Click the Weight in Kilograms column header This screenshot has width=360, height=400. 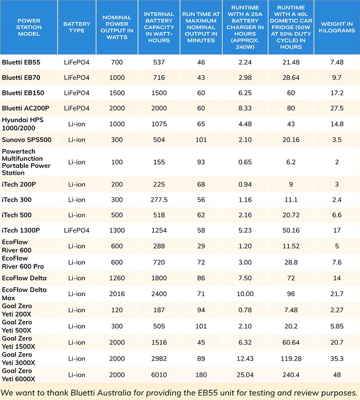337,27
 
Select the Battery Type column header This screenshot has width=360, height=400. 76,27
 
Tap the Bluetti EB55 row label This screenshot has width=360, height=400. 21,62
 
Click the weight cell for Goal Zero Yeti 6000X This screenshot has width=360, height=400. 337,375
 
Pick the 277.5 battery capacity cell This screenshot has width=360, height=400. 159,200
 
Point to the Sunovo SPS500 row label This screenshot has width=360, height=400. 27,140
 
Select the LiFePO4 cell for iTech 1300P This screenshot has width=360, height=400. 76,231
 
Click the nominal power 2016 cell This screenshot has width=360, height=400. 117,294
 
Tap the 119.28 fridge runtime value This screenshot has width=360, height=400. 291,359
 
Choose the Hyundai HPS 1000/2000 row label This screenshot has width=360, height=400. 22,124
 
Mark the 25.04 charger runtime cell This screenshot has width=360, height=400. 245,375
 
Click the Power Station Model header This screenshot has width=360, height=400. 29,27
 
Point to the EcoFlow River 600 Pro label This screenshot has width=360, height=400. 23,262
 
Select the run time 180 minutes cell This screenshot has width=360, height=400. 201,375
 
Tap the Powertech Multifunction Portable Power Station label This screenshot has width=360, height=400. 26,162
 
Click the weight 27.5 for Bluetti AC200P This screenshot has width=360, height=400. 337,108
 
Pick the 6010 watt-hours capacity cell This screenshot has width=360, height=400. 159,375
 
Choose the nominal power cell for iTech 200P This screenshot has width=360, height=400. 117,184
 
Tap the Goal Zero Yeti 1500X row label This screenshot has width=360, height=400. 18,342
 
